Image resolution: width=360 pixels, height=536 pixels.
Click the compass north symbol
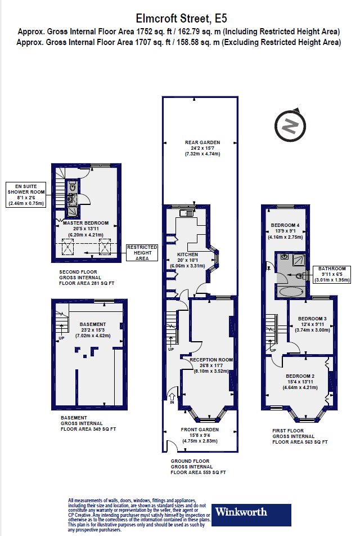[x=290, y=126]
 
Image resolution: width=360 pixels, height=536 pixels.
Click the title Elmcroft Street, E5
[x=181, y=19]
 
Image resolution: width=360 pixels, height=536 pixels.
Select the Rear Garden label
[x=202, y=148]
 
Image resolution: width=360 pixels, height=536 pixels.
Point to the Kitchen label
[x=187, y=260]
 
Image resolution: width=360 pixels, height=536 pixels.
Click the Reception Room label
[x=211, y=365]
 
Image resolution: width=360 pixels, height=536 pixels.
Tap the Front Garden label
[x=200, y=435]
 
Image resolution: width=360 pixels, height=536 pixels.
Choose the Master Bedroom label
[x=85, y=229]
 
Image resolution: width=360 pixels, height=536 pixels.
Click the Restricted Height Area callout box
[x=142, y=253]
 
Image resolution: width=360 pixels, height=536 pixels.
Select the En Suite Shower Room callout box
[x=26, y=194]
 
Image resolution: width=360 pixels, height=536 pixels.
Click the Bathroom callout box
[x=332, y=274]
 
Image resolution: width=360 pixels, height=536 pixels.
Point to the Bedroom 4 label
[x=285, y=231]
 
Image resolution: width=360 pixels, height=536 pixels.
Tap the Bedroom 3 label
[x=312, y=324]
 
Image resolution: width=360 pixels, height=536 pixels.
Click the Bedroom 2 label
[x=300, y=382]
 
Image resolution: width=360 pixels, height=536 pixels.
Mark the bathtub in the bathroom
[x=291, y=292]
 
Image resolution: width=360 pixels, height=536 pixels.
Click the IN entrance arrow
[x=172, y=399]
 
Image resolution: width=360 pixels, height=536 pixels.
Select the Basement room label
[x=93, y=329]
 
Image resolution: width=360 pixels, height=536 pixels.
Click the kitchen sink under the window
[x=187, y=213]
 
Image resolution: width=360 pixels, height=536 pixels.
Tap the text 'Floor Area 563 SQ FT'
[x=300, y=441]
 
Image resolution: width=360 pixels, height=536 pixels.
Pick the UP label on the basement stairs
[x=61, y=338]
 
